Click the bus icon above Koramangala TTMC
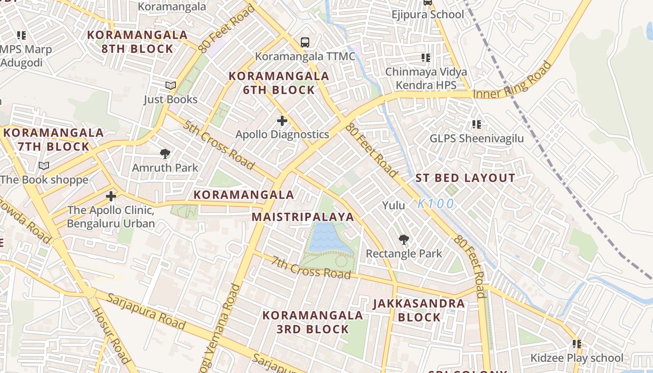pos(305,42)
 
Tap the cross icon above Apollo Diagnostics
pos(282,121)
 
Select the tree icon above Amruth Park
pos(165,153)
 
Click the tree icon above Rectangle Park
pos(404,240)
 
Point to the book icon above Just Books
pos(171,86)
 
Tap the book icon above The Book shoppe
pos(44,166)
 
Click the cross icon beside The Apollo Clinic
pos(111,196)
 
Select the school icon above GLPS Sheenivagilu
pos(476,124)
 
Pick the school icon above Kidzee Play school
pos(577,344)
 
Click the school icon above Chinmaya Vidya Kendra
pos(425,58)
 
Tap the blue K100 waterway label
pos(436,204)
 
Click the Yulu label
pos(394,205)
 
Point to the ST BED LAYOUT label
pos(465,178)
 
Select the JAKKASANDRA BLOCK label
pos(419,311)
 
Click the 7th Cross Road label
pos(311,268)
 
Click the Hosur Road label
pos(111,335)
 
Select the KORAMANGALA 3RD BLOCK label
pos(313,322)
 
